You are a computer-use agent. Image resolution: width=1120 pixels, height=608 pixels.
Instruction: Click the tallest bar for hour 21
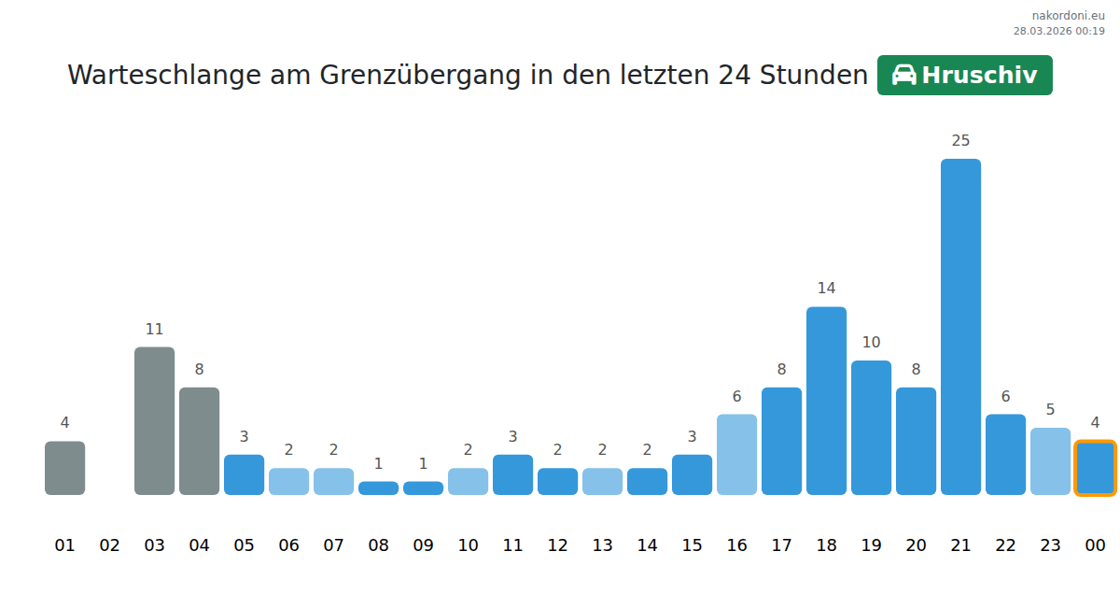click(x=960, y=327)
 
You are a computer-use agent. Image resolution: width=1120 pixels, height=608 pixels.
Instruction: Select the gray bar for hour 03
click(x=154, y=420)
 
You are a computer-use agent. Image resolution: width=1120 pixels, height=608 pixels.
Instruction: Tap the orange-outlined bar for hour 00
click(x=1095, y=468)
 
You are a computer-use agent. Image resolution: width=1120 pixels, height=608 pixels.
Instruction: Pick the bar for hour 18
click(x=826, y=401)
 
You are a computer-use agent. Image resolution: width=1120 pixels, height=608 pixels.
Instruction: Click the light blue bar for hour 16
click(x=736, y=454)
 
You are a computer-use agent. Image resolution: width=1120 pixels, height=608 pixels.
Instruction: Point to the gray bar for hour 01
click(x=64, y=468)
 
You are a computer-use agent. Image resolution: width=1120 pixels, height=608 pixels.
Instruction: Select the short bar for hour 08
click(x=378, y=488)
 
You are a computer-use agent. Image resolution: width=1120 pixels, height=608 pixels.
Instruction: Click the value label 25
click(x=960, y=141)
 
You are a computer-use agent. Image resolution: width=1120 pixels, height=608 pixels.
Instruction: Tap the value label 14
click(x=826, y=289)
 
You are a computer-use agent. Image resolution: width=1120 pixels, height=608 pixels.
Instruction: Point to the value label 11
click(x=154, y=330)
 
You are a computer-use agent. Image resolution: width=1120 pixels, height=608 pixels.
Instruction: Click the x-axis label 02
click(x=109, y=545)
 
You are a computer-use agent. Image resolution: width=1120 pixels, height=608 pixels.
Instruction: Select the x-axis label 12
click(x=557, y=545)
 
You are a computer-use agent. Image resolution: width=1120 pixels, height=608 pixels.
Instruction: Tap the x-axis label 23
click(x=1050, y=545)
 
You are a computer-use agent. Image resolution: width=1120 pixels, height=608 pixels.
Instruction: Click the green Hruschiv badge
click(x=964, y=76)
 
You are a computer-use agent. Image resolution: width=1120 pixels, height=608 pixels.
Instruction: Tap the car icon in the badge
click(x=903, y=76)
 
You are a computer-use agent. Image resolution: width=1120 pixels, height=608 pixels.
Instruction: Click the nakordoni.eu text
click(x=1068, y=16)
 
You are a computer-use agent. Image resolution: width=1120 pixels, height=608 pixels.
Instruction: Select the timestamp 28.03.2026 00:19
click(x=1058, y=31)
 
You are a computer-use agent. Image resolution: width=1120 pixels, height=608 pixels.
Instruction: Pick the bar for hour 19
click(x=871, y=428)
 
